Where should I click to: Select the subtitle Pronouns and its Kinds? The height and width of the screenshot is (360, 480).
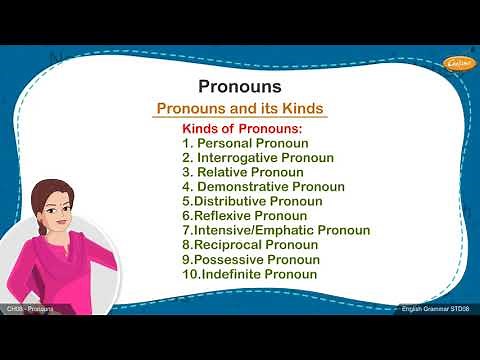coord(240,108)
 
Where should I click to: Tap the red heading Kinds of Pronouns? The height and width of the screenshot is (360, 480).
coord(242,129)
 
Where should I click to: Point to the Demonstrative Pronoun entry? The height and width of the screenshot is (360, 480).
coord(264,187)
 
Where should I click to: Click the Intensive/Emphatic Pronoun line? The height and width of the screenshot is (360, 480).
coord(276,230)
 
